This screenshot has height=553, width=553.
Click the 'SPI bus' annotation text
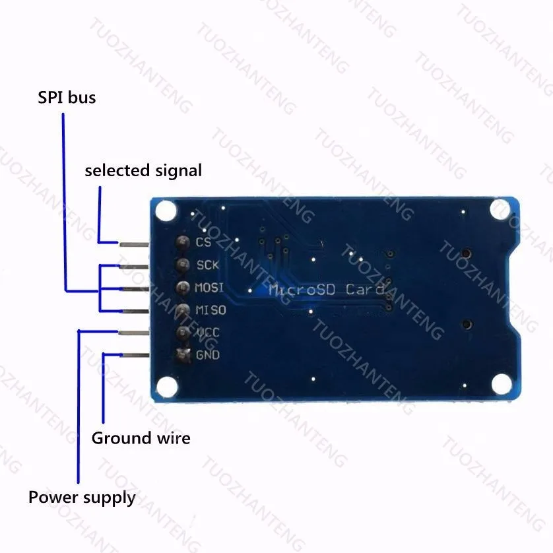(x=67, y=98)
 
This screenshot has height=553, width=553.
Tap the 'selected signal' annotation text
(x=143, y=171)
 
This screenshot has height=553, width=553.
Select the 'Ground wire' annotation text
(x=141, y=438)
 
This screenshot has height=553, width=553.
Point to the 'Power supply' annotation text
(x=82, y=498)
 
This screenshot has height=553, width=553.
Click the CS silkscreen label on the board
(x=203, y=242)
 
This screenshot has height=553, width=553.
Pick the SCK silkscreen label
(x=208, y=265)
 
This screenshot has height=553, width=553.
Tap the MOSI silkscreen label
(x=209, y=288)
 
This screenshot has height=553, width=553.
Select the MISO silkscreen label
(x=211, y=310)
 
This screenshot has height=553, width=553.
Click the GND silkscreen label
(x=208, y=355)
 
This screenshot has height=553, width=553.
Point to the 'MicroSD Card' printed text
(x=326, y=290)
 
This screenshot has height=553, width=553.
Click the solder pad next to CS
(x=183, y=242)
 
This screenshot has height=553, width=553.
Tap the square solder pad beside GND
(x=183, y=355)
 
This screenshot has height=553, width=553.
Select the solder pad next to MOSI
(x=183, y=288)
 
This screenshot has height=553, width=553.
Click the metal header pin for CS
(x=135, y=244)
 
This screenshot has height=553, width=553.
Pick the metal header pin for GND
(x=135, y=355)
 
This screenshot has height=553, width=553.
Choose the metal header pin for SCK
(x=135, y=267)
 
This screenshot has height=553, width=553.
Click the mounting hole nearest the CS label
(x=166, y=211)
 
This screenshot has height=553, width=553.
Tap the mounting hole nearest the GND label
(x=167, y=387)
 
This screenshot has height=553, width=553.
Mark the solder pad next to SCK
(x=183, y=265)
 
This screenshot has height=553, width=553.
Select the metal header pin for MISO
(x=135, y=311)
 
